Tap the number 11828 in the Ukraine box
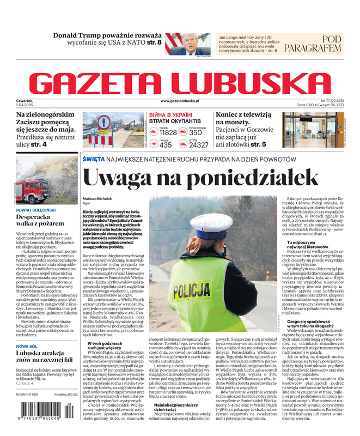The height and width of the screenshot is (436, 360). point(168,132)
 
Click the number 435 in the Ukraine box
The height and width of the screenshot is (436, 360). point(166,145)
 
